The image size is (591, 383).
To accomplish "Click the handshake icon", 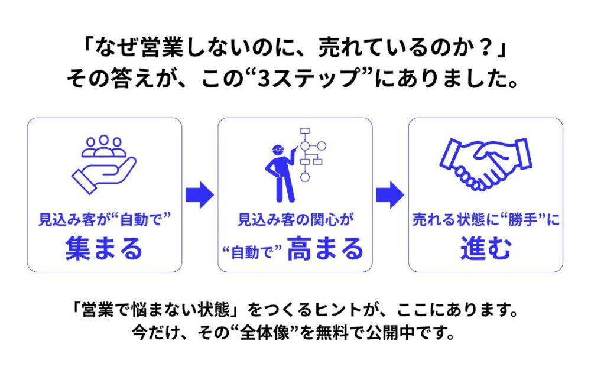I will pyautogui.click(x=485, y=163).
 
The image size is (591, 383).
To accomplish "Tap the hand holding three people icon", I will pyautogui.click(x=104, y=164).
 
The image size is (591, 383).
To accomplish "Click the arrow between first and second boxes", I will pyautogui.click(x=199, y=194).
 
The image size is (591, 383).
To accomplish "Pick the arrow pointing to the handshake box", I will pyautogui.click(x=390, y=194).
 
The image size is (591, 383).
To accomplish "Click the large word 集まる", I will pyautogui.click(x=104, y=249).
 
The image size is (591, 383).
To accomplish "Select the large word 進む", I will pyautogui.click(x=486, y=249).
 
